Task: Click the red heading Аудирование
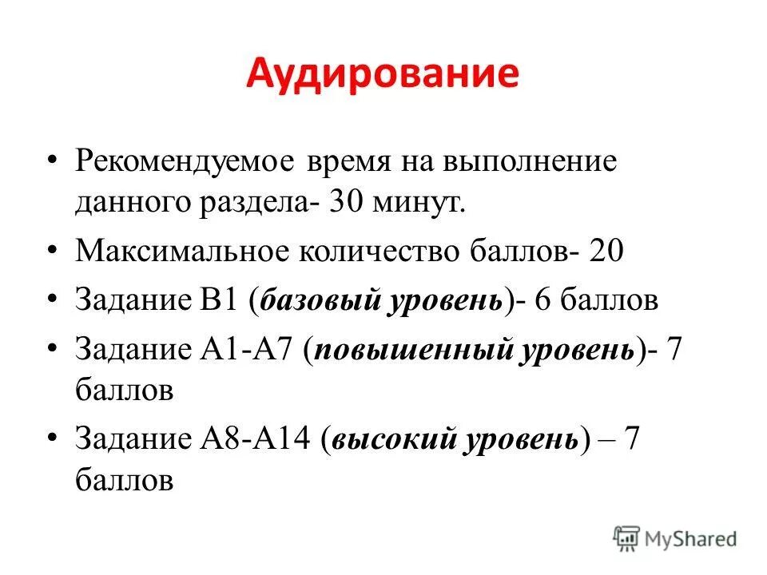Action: coord(382,74)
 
